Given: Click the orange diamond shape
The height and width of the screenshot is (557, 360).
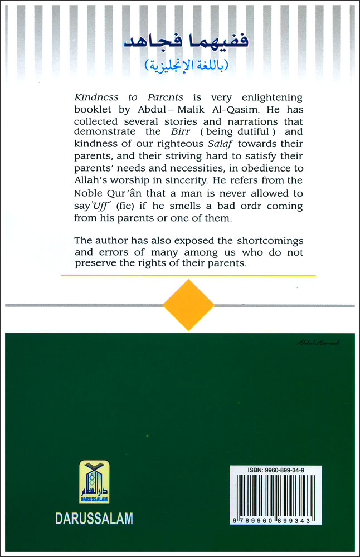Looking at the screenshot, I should [x=188, y=305].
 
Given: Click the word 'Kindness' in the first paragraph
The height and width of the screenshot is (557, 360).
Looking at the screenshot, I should [x=93, y=96].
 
